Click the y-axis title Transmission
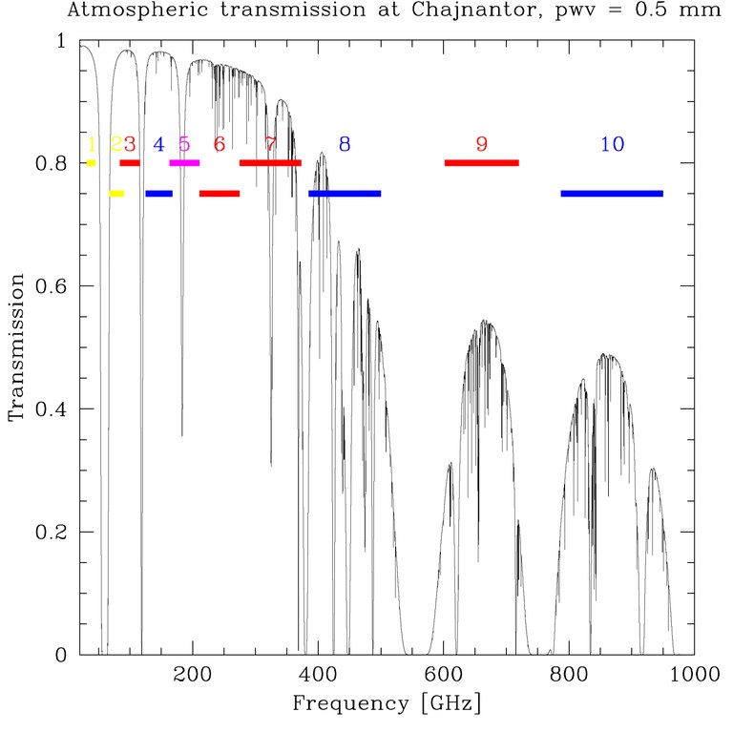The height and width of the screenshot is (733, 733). [16, 347]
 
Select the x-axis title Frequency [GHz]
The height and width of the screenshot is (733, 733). [386, 705]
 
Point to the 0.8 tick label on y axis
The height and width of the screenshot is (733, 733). [53, 164]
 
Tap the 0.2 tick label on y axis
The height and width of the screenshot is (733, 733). [53, 532]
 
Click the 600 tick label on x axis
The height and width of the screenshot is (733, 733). [444, 675]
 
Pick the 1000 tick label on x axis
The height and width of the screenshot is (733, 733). [694, 675]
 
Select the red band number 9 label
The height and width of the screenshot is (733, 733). [481, 144]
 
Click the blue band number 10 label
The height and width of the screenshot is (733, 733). [612, 144]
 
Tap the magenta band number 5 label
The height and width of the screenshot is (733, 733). [184, 145]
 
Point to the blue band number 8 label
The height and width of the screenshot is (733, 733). [345, 144]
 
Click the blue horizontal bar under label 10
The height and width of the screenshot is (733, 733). [612, 194]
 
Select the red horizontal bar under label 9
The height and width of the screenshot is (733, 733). [481, 163]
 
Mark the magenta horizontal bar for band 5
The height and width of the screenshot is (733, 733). [184, 163]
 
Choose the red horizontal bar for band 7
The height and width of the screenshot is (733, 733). [270, 163]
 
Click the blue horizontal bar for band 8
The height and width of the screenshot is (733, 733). [345, 194]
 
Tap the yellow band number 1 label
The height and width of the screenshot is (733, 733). [91, 145]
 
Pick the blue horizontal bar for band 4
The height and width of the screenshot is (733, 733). [158, 194]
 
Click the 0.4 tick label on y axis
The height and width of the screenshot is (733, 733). [53, 408]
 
